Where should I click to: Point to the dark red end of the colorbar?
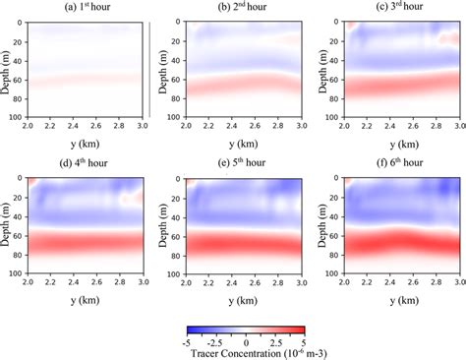click(302, 329)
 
